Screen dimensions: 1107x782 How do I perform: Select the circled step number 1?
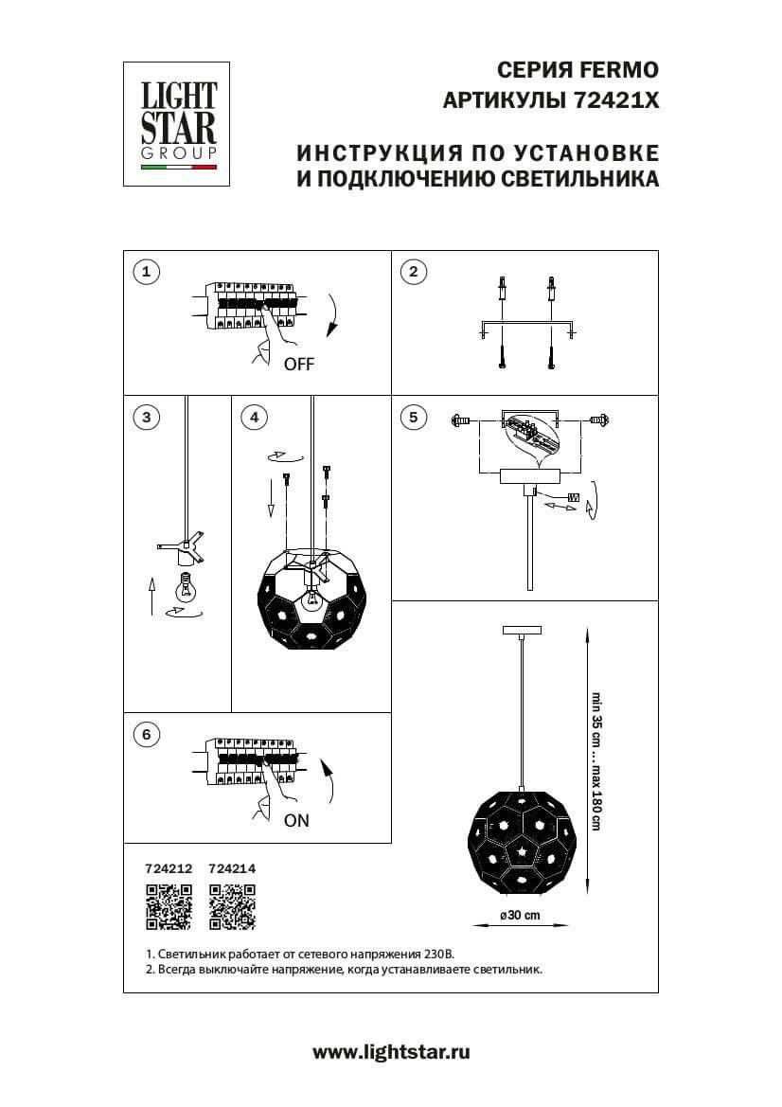tap(145, 273)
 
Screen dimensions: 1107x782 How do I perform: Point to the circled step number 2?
tap(412, 273)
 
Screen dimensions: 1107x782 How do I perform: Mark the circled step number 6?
tap(145, 734)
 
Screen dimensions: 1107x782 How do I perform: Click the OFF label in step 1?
tap(298, 364)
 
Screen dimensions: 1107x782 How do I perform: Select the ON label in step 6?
tap(296, 821)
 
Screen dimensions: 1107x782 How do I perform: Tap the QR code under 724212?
tap(169, 906)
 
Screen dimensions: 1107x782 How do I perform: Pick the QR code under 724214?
tap(232, 906)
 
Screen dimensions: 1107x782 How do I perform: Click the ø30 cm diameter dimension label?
tap(520, 915)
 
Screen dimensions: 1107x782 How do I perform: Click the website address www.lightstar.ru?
tap(391, 1051)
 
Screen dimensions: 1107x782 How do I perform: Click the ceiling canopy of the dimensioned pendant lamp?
tap(520, 630)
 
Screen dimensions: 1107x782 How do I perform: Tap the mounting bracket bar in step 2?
tap(526, 323)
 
